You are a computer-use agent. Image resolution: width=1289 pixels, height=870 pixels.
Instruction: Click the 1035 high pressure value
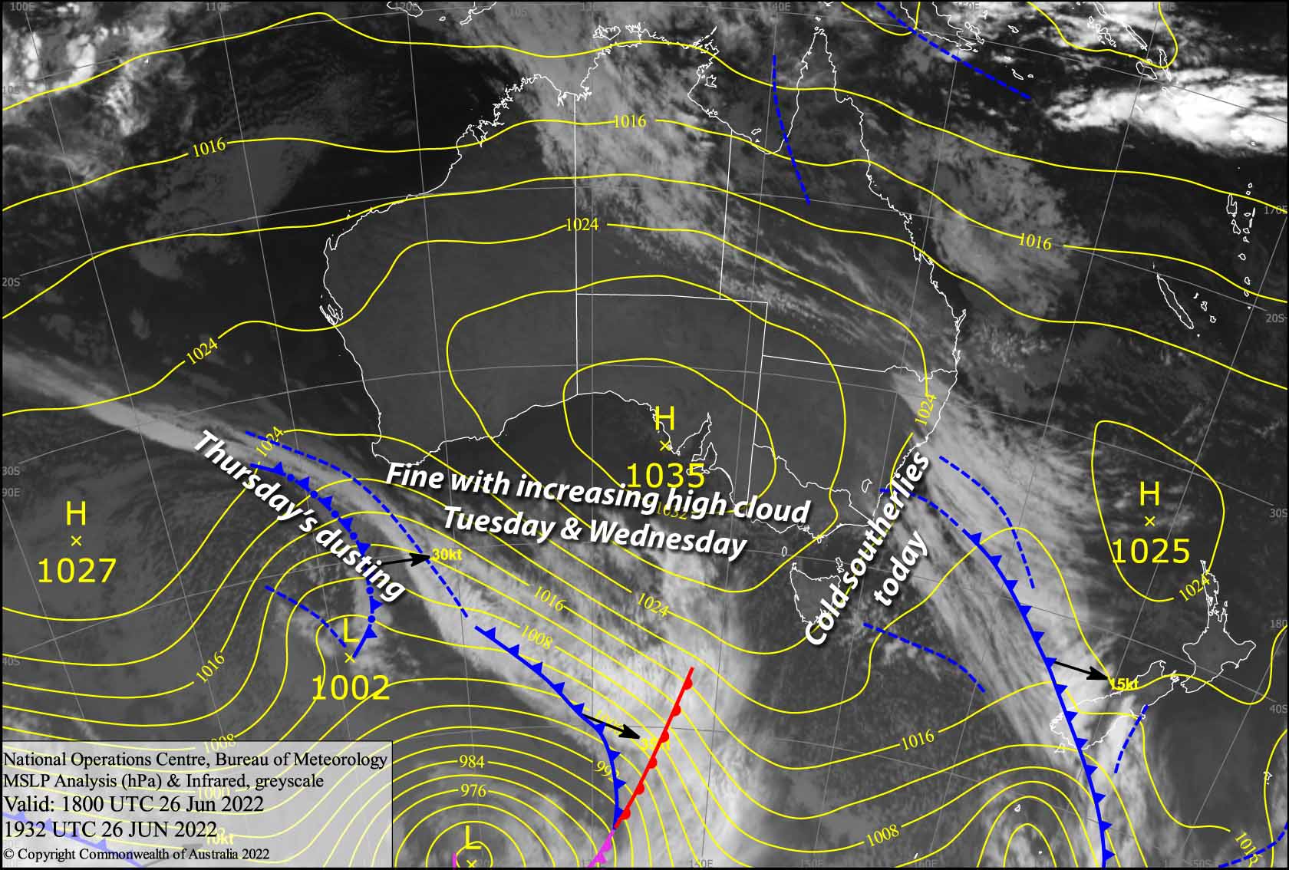pos(665,476)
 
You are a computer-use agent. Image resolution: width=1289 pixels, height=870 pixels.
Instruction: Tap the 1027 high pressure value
pos(76,571)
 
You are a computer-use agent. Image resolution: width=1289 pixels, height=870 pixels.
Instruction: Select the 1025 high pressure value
pos(1150,551)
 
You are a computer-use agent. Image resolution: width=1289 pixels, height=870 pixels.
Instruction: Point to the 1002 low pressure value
pos(351,688)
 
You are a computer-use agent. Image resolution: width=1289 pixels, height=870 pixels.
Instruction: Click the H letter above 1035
pos(664,420)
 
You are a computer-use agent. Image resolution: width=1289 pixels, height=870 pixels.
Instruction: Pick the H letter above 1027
pos(76,513)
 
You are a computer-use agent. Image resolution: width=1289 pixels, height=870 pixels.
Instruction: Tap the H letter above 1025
pos(1149,494)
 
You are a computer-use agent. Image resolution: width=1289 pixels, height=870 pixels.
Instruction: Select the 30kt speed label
pos(447,555)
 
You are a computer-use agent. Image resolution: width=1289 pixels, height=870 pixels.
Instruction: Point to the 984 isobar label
pos(471,762)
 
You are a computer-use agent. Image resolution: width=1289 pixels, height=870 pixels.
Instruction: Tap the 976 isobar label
pos(473,791)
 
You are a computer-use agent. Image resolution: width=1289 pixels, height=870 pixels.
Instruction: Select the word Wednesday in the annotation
pos(667,537)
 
